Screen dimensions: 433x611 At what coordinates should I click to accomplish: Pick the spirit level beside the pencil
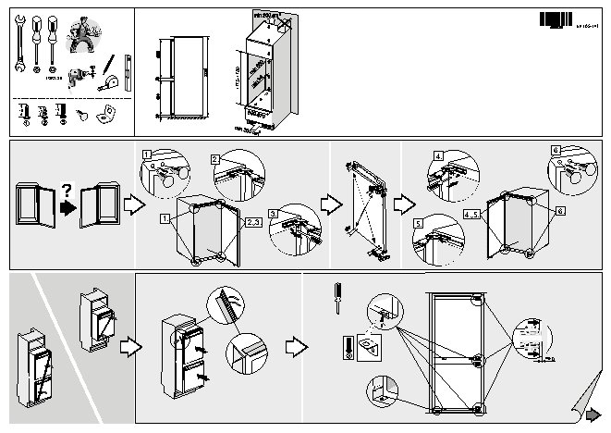pos(128,70)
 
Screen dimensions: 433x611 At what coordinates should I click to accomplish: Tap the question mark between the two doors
pos(66,190)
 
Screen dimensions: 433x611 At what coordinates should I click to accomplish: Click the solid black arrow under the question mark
pos(67,207)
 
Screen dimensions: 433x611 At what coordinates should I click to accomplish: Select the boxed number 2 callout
pos(214,159)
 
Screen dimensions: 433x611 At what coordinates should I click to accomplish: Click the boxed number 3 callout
pos(274,214)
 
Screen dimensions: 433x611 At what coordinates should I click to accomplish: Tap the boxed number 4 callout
pos(439,155)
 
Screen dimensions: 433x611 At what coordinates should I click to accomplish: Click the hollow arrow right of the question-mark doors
pos(134,204)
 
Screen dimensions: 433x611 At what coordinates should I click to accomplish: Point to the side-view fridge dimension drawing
pos(180,78)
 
